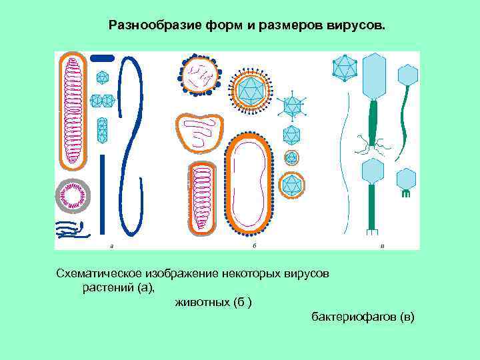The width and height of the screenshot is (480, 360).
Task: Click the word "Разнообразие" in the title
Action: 143,26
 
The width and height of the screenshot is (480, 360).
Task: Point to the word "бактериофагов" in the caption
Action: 353,317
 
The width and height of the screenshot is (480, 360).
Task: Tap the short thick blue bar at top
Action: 102,58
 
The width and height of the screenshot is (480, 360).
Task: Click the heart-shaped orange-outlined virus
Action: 199,132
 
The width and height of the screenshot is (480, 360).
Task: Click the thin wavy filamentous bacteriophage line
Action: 344,167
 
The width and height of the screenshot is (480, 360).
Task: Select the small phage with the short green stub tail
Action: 405,181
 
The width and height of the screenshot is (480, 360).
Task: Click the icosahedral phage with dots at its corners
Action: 344,67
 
